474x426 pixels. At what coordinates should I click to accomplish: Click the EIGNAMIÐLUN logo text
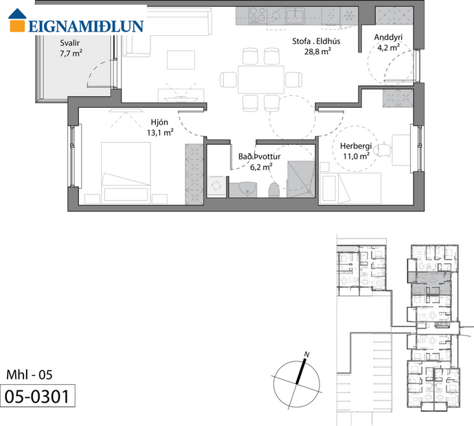click(86, 26)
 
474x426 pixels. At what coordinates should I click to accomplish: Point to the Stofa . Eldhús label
click(317, 40)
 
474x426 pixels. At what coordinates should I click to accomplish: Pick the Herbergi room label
click(356, 145)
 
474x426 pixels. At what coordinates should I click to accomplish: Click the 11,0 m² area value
click(356, 156)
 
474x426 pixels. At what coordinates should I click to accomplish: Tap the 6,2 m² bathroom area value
click(260, 166)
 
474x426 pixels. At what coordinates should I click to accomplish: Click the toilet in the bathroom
click(273, 189)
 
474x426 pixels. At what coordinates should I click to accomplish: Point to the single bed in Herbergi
click(350, 187)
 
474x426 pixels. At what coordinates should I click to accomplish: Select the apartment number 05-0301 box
click(38, 396)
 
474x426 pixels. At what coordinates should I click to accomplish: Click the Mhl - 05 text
click(28, 375)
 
